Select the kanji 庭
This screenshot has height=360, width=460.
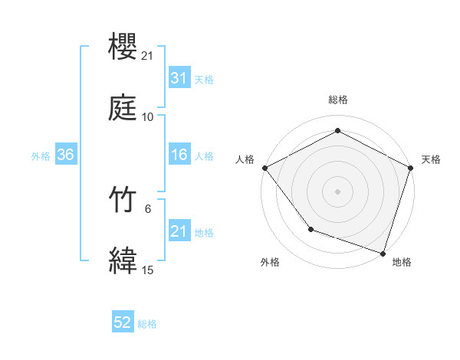point(123,108)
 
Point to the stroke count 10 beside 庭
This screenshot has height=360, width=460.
point(148,116)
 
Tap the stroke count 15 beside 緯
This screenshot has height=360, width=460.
point(148,269)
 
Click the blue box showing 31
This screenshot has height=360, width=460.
point(179,78)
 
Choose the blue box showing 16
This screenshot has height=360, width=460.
point(179,155)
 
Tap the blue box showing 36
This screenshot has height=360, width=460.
point(65,155)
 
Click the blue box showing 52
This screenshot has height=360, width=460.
point(123,323)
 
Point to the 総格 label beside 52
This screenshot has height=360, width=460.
point(148,324)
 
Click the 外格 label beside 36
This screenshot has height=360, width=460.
point(41,155)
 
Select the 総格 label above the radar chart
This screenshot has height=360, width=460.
point(337,100)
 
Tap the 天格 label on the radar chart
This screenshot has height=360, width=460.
point(431,159)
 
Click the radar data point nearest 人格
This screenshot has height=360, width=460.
point(264,168)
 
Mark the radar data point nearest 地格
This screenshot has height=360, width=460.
point(382,253)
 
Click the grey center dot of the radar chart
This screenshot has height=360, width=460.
point(337,191)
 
